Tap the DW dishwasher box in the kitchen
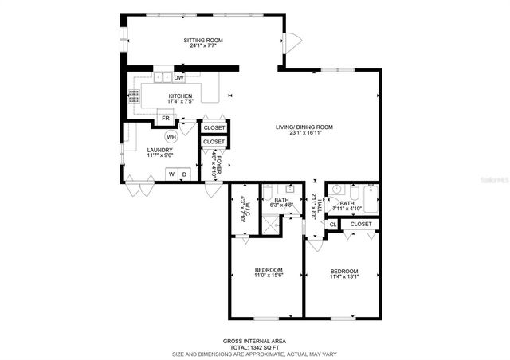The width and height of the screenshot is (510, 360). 179,77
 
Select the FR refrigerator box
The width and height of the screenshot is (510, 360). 165,118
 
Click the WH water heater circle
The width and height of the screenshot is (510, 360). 171,136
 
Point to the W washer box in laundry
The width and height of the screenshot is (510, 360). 171,174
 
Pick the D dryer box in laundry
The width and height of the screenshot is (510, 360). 185,174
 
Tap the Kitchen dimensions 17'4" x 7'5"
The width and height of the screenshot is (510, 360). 181,102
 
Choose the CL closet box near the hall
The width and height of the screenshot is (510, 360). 332,225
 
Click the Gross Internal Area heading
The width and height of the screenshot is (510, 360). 254,340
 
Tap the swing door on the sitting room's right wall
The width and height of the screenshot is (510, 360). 293,41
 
